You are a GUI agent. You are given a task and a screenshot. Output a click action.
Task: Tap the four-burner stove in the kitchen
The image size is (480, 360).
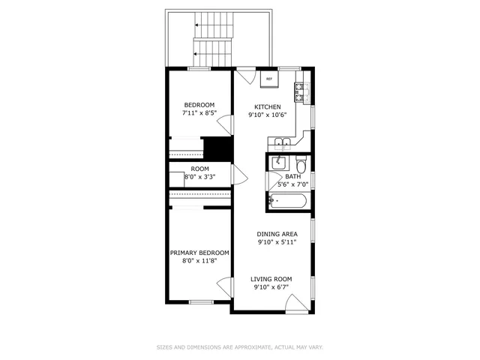299,93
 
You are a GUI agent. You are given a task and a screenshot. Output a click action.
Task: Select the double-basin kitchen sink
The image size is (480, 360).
283,142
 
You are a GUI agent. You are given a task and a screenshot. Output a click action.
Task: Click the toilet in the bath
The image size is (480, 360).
300,165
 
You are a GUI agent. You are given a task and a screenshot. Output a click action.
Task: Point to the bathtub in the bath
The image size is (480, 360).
286,201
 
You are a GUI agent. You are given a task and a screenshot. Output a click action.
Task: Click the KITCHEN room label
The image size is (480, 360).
268,106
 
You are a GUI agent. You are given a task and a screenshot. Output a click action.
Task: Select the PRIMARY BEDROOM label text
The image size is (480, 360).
199,253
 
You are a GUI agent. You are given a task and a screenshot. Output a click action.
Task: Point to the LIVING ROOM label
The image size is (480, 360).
271,279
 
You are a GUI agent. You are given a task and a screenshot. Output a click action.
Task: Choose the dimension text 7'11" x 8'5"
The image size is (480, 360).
199,113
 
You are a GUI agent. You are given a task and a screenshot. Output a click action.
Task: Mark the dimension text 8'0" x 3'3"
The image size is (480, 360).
199,177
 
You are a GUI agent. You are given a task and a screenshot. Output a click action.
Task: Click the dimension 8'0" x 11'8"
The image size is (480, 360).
199,262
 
